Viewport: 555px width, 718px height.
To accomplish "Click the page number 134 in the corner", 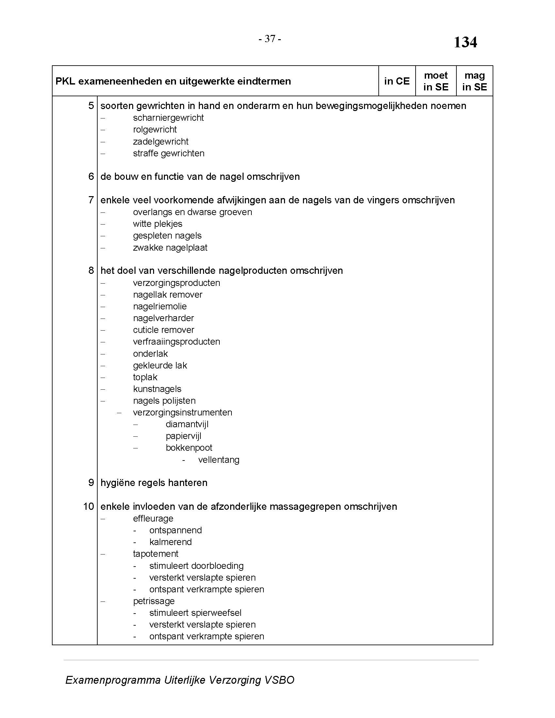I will point(465,42).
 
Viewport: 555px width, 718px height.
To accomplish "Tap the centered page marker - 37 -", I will point(270,39).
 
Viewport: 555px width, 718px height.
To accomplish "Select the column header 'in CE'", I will point(397,81).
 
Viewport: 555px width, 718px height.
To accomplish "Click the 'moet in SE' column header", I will point(436,81).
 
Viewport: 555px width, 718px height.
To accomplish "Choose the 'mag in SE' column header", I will point(474,81).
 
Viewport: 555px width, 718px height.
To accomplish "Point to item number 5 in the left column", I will point(91,106).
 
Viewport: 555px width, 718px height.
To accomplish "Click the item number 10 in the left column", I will point(89,507).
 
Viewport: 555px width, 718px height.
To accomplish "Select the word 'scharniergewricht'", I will point(168,118).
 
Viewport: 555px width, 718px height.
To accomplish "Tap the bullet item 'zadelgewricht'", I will point(160,142).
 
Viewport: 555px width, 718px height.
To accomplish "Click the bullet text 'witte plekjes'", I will point(157,224).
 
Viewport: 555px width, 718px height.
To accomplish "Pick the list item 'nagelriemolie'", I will point(160,306).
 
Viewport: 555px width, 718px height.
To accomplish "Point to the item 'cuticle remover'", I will point(164,330).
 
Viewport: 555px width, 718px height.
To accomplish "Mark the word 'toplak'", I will point(145,377).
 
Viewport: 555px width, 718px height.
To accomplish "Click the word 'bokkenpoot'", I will point(189,448).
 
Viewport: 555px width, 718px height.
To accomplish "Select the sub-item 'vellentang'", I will point(219,460).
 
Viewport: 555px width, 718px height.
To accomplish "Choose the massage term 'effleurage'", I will point(153,519).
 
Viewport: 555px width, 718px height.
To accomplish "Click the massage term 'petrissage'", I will point(153,601).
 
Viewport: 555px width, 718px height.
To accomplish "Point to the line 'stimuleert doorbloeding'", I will point(196,566).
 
